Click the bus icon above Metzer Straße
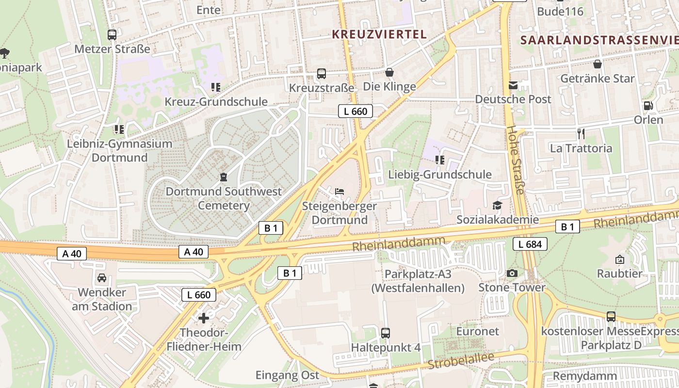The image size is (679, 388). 112,35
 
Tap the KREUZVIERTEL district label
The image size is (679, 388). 379,34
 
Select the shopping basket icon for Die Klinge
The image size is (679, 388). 389,73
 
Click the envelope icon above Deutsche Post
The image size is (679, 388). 513,85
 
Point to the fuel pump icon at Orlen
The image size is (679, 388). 648,106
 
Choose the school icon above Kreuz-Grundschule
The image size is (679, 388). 216,87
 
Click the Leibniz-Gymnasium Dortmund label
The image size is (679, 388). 119,150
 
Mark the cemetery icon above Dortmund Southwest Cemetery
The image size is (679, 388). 224,177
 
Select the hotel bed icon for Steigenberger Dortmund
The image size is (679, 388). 339,192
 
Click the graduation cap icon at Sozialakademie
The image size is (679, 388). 498,205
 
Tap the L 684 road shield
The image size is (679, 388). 530,244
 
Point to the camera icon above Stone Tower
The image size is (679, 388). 512,274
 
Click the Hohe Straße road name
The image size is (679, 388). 516,160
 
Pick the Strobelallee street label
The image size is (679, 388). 461,362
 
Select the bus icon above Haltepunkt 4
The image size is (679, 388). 386,333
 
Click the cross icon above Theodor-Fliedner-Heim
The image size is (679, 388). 204,318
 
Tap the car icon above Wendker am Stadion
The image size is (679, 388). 102,278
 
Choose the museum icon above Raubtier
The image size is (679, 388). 619,259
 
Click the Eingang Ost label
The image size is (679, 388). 288,375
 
